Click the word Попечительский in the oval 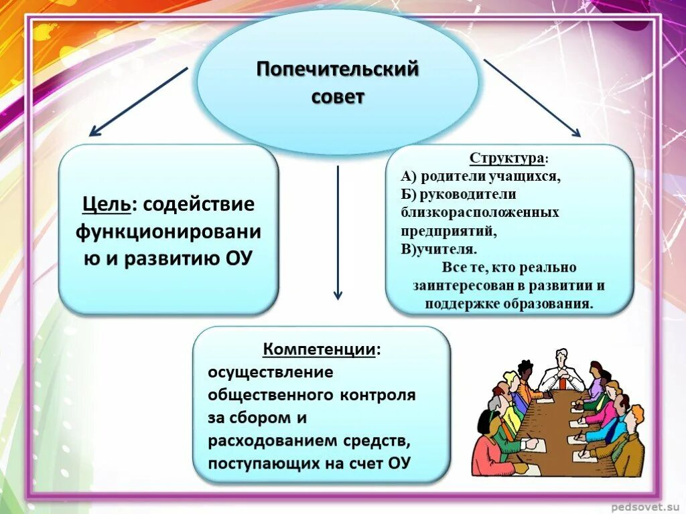coord(338,69)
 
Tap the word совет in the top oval coord(338,96)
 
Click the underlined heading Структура coord(506,159)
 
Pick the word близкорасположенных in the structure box coord(480,212)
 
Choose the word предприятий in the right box coord(449,230)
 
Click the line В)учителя coord(439,248)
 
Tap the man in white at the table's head coord(561,371)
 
